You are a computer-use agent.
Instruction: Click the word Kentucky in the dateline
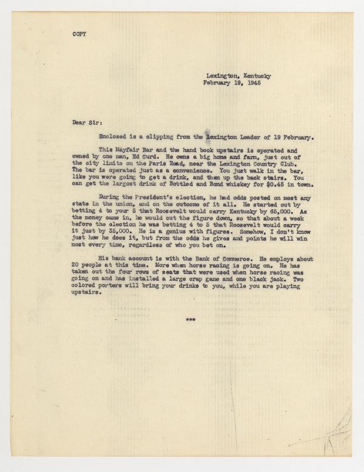255,76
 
